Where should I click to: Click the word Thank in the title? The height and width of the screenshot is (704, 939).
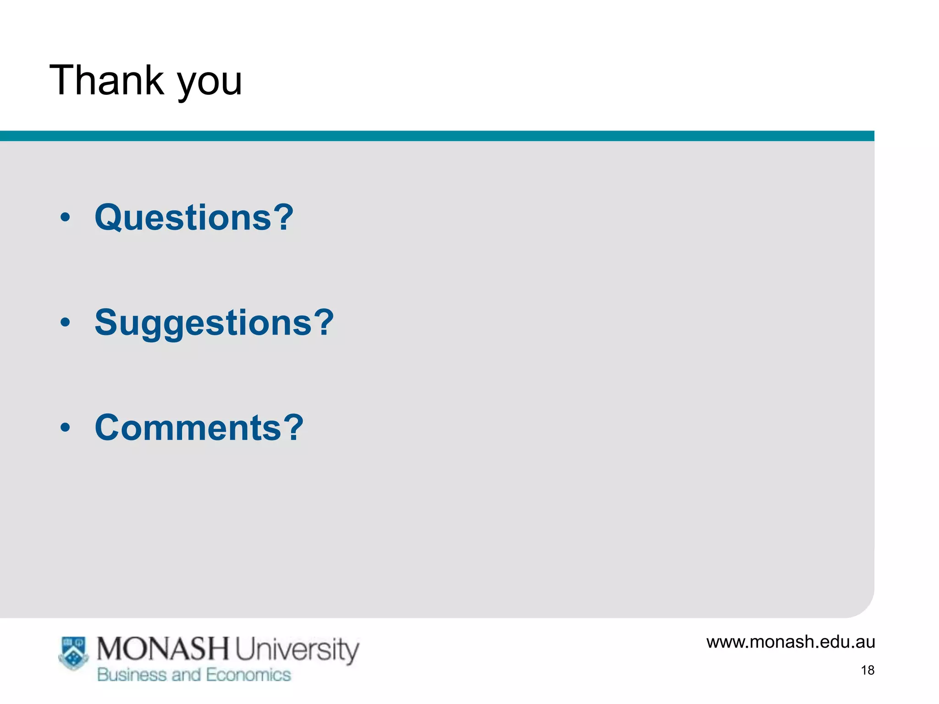point(107,80)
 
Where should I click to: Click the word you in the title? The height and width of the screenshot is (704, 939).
point(210,82)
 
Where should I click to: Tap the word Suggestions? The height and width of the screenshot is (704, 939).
point(203,323)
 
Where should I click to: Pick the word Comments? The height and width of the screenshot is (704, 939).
point(188,428)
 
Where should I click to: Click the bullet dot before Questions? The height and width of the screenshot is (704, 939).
point(66,217)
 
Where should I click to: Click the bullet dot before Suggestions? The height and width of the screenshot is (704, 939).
point(66,323)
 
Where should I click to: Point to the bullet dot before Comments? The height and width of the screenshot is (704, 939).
point(66,428)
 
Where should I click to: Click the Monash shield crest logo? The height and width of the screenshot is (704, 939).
point(73,653)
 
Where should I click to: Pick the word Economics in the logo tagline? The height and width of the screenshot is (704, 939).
point(248,675)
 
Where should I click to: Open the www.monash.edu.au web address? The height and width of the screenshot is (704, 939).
point(790,642)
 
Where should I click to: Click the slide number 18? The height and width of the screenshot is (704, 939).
point(867,670)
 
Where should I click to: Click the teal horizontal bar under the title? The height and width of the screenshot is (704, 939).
point(436,136)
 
